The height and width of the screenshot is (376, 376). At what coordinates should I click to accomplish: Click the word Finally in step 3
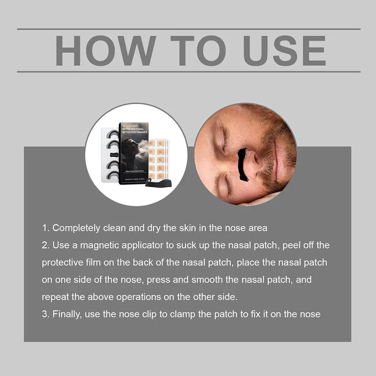[x=67, y=314]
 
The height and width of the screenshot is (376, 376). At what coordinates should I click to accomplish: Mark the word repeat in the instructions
[x=53, y=297]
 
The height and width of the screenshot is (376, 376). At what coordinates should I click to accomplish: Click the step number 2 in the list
[x=45, y=245]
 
